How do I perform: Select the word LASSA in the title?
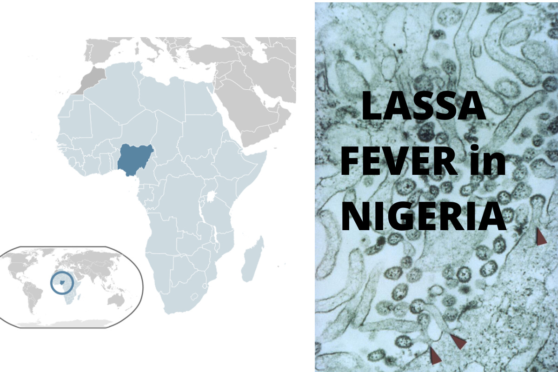[x=423, y=106]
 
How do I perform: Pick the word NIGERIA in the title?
[x=423, y=217]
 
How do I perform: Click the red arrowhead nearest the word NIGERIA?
[x=541, y=237]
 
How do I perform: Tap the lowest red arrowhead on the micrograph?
[x=435, y=356]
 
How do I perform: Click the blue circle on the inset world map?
[x=62, y=283]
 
